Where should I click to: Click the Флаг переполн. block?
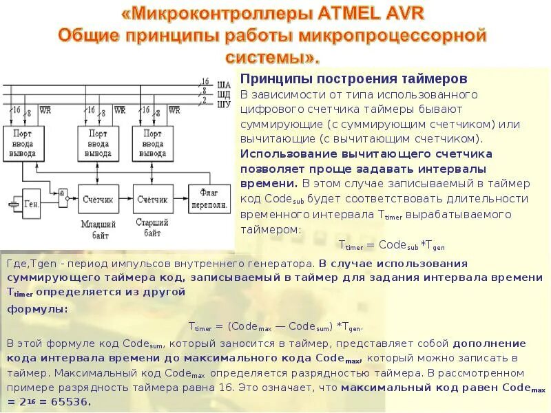tap(214, 199)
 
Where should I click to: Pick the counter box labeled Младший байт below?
tap(96, 199)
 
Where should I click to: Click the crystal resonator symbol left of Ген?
tap(11, 204)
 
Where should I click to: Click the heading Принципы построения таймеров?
tap(353, 79)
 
